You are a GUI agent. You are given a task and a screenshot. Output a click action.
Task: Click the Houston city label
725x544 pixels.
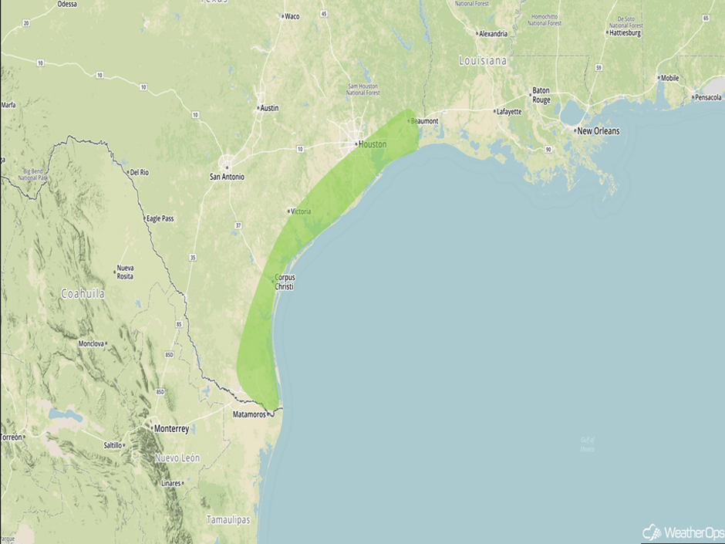[x=373, y=144]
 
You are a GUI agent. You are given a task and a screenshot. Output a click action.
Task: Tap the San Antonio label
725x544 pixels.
[x=227, y=177]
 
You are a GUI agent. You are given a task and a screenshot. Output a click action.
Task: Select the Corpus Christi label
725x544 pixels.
[x=285, y=282]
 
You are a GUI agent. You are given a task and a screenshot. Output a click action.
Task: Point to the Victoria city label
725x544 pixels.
[x=300, y=211]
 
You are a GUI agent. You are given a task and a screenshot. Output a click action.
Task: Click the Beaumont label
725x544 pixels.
[x=424, y=121]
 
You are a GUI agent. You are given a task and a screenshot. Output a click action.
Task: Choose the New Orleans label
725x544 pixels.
[x=598, y=131]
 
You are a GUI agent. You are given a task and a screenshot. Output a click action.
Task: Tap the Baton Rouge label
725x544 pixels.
[x=541, y=96]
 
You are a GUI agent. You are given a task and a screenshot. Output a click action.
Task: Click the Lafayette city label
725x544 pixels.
[x=508, y=112]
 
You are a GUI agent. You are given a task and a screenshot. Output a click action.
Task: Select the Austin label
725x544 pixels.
[x=269, y=108]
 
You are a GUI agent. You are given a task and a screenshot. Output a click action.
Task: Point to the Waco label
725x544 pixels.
[x=292, y=16]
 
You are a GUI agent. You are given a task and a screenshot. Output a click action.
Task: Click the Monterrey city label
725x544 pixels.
[x=171, y=428]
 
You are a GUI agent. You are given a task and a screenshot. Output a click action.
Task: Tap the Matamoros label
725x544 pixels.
[x=249, y=414]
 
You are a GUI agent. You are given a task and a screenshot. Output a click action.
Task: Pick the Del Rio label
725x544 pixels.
[x=139, y=172]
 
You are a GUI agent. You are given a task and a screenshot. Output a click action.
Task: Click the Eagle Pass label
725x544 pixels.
[x=160, y=218]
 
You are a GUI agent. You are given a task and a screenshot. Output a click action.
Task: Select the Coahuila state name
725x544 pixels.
[x=83, y=294]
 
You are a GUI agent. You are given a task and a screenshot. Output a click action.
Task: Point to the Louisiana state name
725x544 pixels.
[x=483, y=60]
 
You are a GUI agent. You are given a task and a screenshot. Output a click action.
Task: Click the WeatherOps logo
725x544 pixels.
[x=679, y=532]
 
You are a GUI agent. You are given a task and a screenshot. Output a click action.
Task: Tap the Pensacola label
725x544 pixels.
[x=707, y=97]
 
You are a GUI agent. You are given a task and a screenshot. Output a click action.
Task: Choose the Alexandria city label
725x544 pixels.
[x=493, y=34]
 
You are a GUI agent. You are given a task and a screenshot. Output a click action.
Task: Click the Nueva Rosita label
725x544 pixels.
[x=125, y=272]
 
